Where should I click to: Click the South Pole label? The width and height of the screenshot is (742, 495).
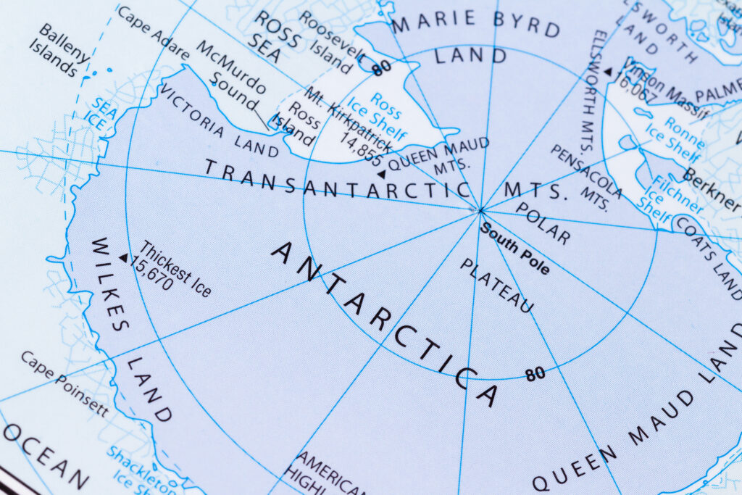[x=515, y=249]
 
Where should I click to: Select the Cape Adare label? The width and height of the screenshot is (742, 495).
[x=153, y=33]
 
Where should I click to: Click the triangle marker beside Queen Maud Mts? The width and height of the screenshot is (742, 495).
[x=381, y=174]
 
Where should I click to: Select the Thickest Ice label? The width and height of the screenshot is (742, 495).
[x=176, y=269]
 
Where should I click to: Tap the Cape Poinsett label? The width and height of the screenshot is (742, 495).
[x=64, y=384]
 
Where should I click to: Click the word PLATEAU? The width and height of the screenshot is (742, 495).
[x=496, y=286]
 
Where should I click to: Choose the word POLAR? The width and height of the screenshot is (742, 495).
[x=543, y=222]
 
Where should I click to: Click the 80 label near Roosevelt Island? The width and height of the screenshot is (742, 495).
[x=381, y=67]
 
